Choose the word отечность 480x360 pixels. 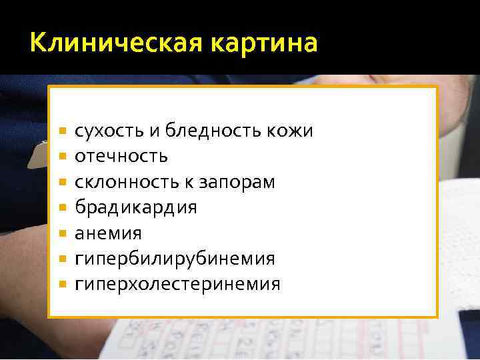click(x=121, y=157)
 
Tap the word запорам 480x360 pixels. click(x=241, y=183)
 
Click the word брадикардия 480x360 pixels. click(x=136, y=207)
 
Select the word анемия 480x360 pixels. click(x=108, y=233)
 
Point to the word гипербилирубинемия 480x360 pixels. click(x=175, y=259)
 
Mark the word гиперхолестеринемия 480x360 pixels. click(x=177, y=284)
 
